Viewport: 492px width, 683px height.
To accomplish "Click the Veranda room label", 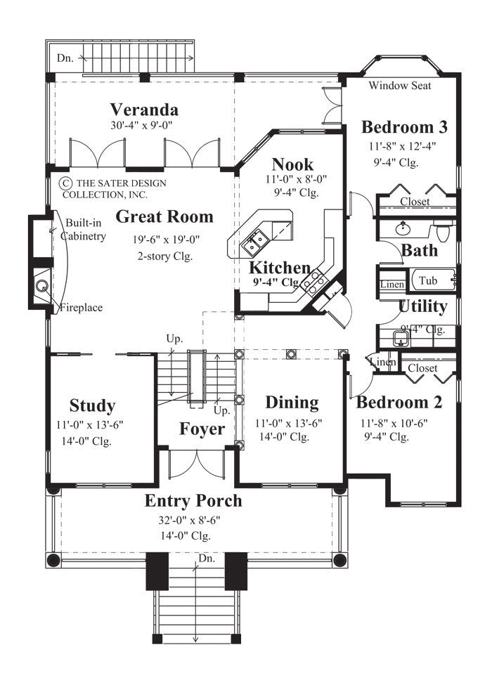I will [144, 110].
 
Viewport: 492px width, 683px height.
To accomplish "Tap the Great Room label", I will [164, 216].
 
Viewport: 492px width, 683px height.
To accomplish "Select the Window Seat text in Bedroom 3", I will [400, 86].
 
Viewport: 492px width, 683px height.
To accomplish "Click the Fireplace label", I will [81, 307].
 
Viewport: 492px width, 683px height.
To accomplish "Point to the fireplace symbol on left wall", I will [41, 286].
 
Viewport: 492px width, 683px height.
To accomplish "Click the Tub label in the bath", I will [428, 280].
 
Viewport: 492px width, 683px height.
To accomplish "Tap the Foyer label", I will [202, 429].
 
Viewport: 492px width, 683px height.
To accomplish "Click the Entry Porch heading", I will [193, 501].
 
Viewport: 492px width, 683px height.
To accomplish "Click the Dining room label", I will [292, 403].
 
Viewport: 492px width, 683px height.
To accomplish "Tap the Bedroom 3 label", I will [404, 127].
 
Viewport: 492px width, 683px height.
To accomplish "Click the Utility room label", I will [422, 306].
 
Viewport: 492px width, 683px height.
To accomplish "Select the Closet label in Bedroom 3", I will [415, 202].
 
